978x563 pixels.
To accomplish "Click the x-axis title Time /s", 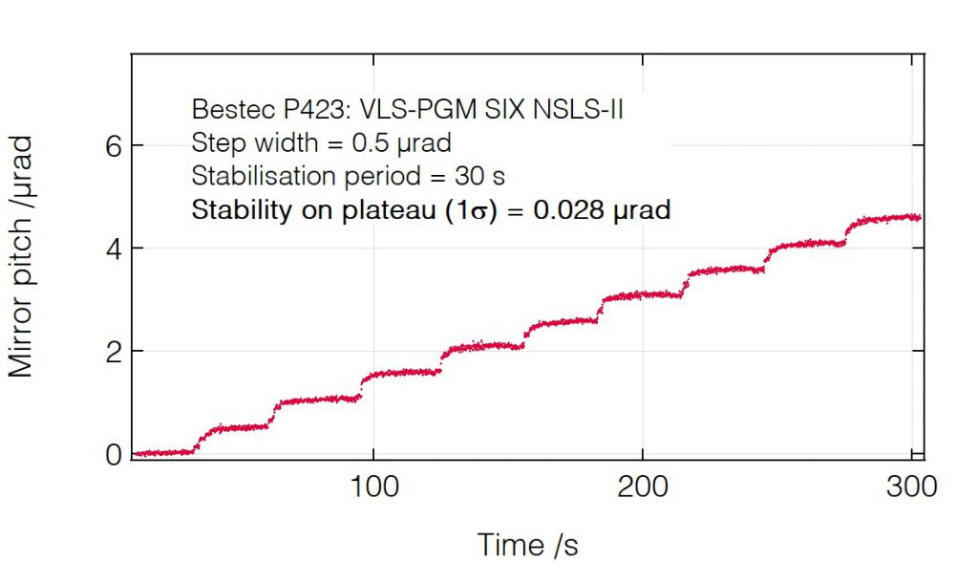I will [527, 544].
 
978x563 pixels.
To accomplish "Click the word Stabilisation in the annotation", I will [253, 177].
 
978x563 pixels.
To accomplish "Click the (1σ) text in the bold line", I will [468, 210].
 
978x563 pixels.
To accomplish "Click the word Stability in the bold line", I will [232, 210].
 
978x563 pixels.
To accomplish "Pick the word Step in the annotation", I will [212, 143].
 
